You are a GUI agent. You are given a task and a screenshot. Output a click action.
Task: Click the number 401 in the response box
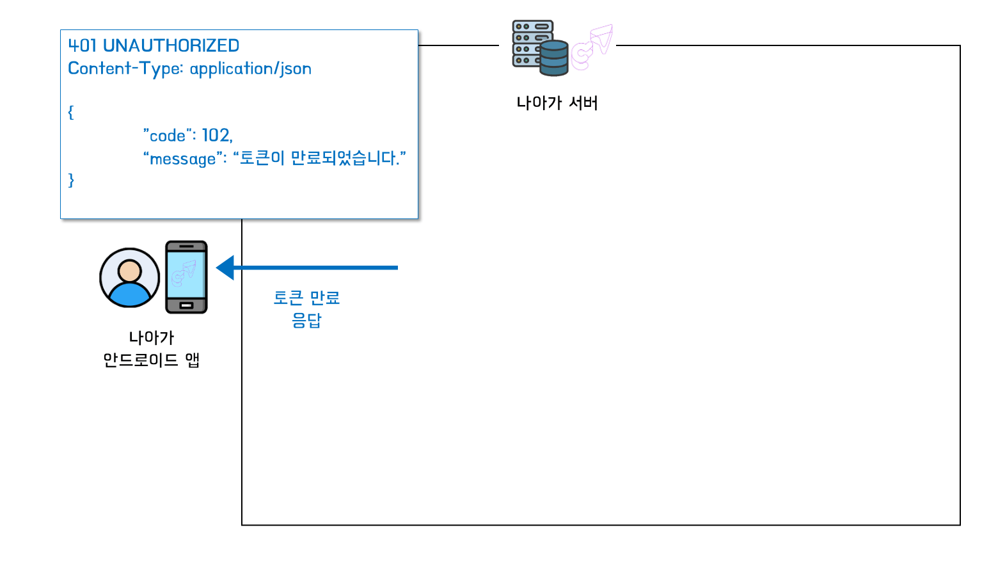coord(83,45)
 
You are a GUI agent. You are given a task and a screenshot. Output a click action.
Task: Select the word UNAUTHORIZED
coord(171,45)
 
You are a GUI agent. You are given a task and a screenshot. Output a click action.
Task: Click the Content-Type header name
coord(125,68)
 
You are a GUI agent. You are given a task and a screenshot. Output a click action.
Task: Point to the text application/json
coord(251,69)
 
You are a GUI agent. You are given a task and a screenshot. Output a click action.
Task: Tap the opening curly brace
coord(71,113)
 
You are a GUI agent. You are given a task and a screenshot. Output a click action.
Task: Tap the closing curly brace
coord(71,181)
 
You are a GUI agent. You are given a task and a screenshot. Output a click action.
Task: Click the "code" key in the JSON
coord(168,136)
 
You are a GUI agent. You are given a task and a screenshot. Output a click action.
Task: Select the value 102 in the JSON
coord(216,136)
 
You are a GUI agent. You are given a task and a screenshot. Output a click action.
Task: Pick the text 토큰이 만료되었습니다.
coord(319,158)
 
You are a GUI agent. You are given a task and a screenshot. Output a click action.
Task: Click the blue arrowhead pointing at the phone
coord(225,268)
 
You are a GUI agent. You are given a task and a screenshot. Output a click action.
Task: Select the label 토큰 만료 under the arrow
coord(306,298)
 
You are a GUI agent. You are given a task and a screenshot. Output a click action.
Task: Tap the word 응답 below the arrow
coord(306,320)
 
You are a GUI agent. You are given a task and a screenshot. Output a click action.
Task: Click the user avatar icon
coord(129,278)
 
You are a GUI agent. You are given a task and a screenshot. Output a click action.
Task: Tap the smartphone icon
coord(186,277)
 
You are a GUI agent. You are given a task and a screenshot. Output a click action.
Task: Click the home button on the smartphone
coord(186,305)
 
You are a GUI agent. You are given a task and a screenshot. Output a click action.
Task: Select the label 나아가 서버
coord(557,103)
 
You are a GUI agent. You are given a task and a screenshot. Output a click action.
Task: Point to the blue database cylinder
coord(553,58)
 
